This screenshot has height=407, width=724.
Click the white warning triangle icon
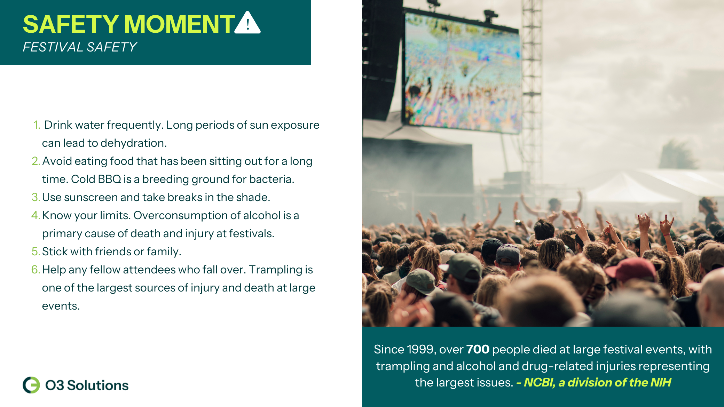click(247, 23)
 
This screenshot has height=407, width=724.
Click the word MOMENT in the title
click(180, 24)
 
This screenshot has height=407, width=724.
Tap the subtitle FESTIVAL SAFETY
click(80, 47)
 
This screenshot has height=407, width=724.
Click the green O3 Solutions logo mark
click(31, 385)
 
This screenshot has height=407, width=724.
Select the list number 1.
click(37, 125)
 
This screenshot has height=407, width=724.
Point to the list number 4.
click(36, 215)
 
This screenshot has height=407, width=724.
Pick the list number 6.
click(36, 270)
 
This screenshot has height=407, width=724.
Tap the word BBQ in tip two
click(109, 179)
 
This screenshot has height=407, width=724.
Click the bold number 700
click(478, 349)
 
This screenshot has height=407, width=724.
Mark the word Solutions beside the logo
click(97, 385)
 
